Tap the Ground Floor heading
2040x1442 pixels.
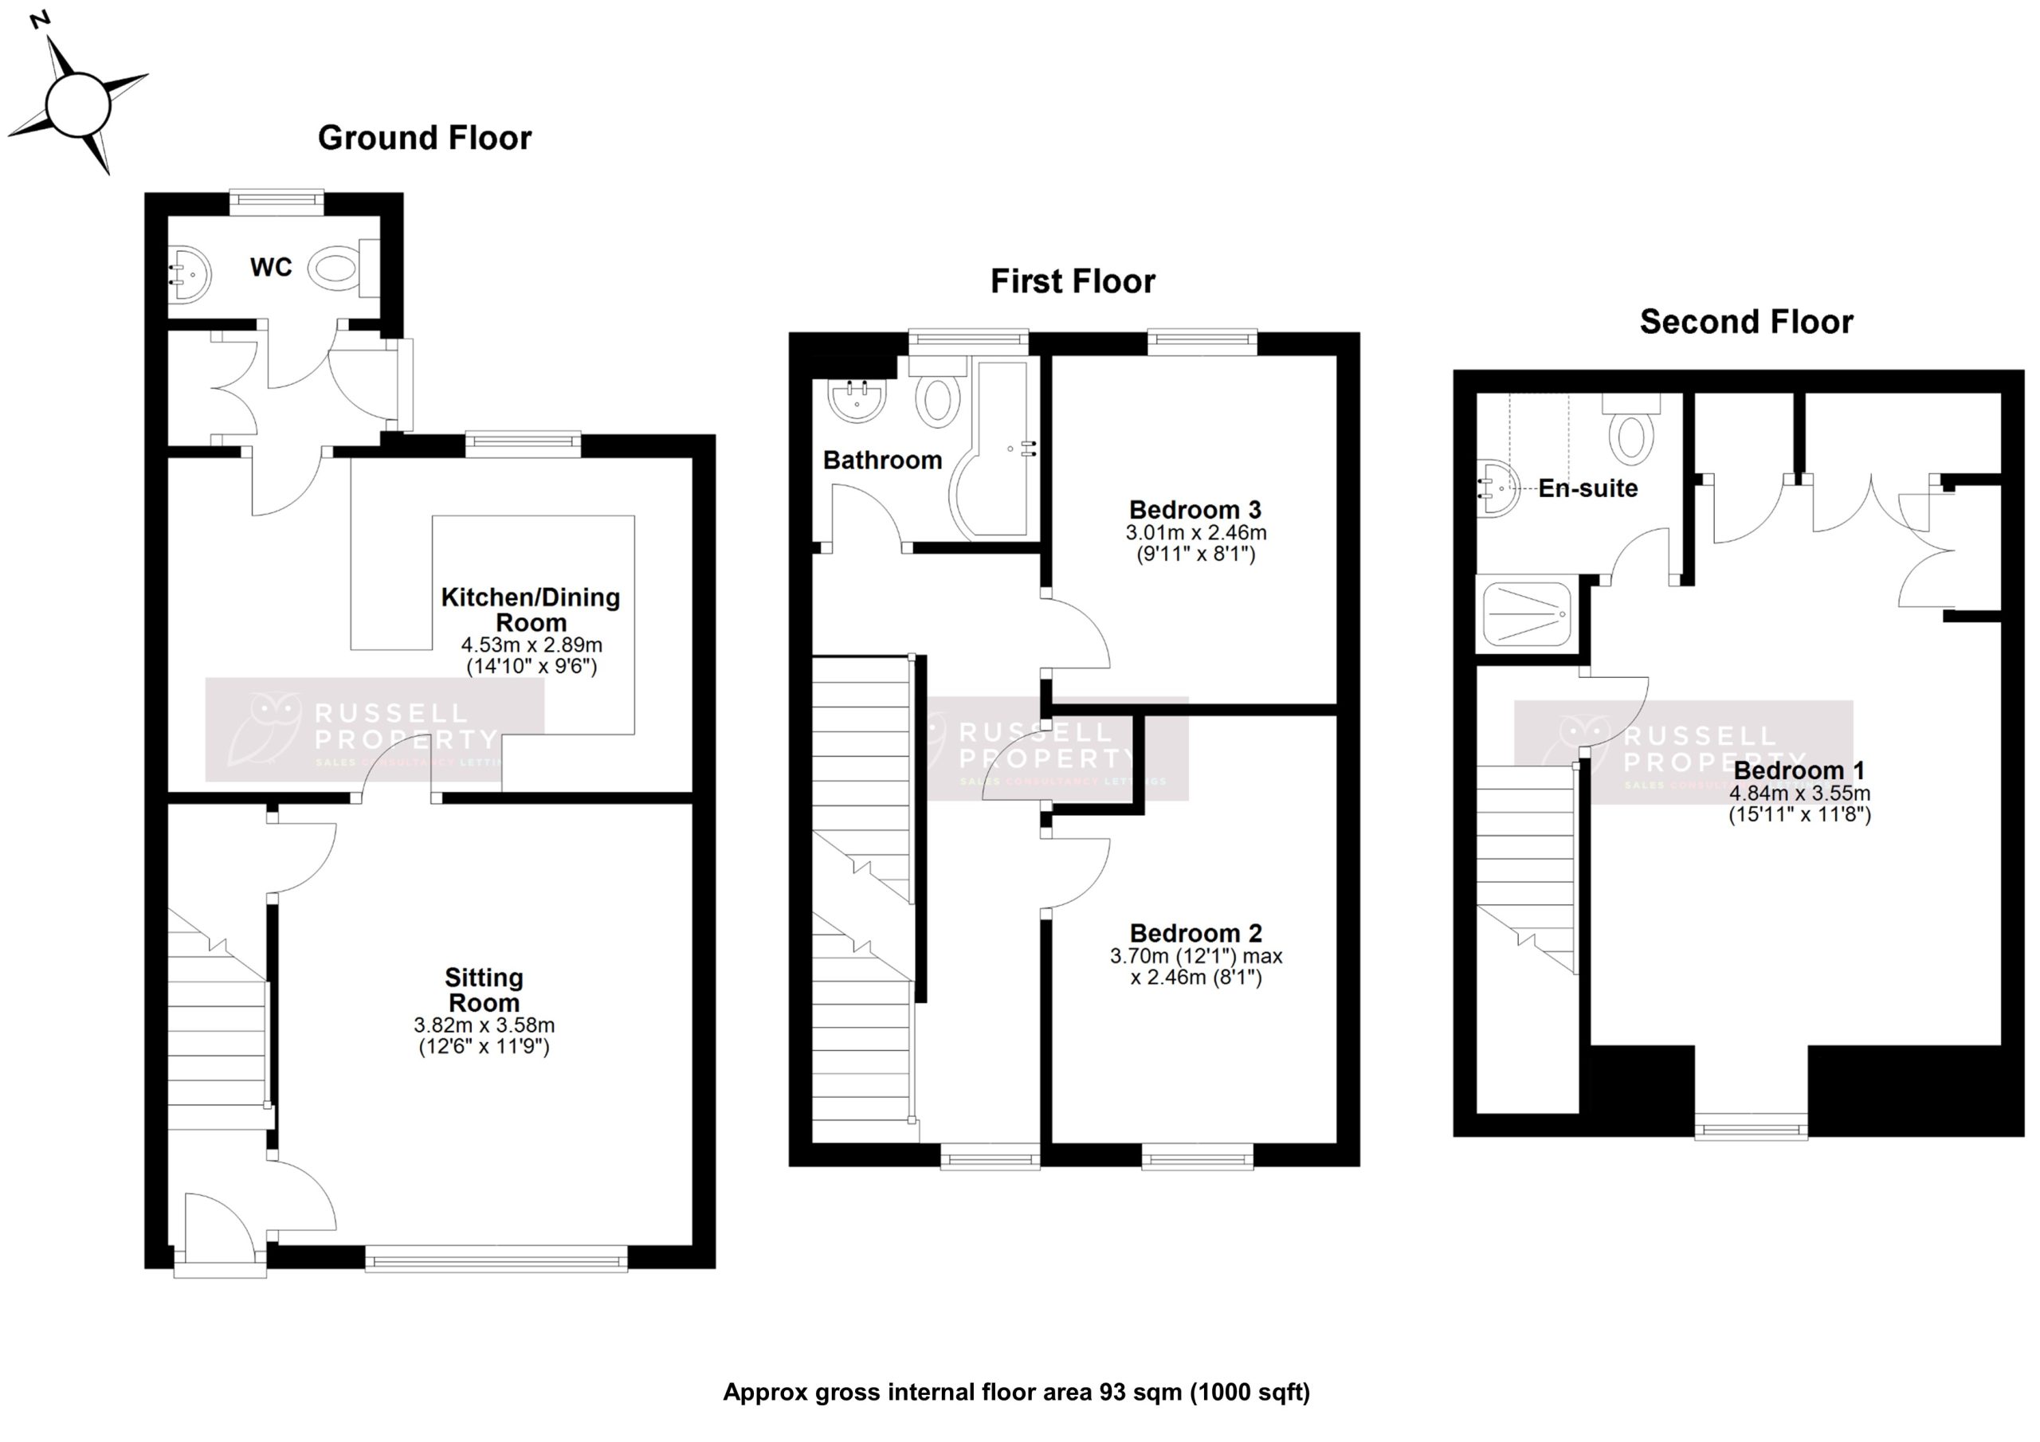click(x=425, y=138)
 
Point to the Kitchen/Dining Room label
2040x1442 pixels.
click(x=531, y=609)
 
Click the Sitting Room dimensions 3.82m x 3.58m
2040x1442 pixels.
click(x=484, y=1025)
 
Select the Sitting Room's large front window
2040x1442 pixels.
click(x=496, y=1258)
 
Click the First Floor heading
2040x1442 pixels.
click(x=1073, y=282)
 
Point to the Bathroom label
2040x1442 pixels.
click(x=881, y=460)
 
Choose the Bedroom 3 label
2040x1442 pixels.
click(x=1195, y=510)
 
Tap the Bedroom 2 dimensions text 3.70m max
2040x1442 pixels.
click(x=1195, y=957)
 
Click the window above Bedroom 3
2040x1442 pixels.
click(x=1202, y=341)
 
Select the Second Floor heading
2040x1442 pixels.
click(x=1746, y=322)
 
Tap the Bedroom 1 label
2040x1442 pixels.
click(x=1799, y=770)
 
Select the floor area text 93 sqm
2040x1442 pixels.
click(x=1017, y=1393)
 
